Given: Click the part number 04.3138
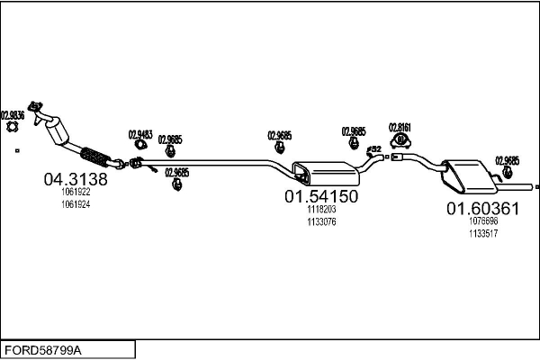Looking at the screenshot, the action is (x=76, y=179).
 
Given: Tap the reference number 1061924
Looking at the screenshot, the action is (x=76, y=205).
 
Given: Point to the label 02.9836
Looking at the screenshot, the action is (x=13, y=115).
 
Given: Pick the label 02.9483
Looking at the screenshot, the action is (x=140, y=131).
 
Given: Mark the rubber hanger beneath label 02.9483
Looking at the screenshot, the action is (x=140, y=144).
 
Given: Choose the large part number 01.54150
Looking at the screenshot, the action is (x=321, y=196).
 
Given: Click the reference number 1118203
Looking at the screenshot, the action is (x=321, y=210).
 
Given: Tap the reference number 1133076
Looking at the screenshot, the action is (x=321, y=222).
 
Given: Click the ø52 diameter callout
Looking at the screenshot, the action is (x=375, y=148).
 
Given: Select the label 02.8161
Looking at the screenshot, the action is (x=400, y=127).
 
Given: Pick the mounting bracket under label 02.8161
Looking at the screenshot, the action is (x=400, y=142).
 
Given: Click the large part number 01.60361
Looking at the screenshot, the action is (x=483, y=209).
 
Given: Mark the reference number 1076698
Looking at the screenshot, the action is (x=483, y=221).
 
